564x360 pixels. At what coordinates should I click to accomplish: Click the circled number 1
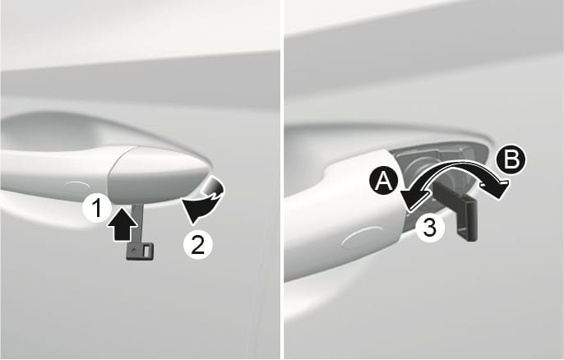coord(97,210)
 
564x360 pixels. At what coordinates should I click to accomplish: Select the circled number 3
coord(427,228)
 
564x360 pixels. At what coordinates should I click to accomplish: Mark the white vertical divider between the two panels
coord(282,180)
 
